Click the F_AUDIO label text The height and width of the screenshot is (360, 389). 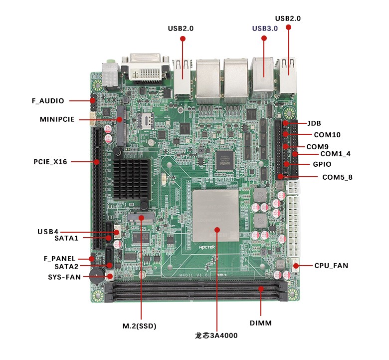click(48, 101)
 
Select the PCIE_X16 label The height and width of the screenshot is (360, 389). click(50, 162)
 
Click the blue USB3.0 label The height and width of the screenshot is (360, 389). click(265, 28)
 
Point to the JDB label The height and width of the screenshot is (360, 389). click(314, 123)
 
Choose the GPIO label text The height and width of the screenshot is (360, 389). click(322, 164)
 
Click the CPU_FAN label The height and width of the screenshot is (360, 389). click(331, 266)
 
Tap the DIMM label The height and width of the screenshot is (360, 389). click(261, 323)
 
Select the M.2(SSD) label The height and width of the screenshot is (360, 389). click(140, 327)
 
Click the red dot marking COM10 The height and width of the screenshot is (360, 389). click(285, 134)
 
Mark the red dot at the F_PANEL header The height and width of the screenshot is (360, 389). click(92, 259)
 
